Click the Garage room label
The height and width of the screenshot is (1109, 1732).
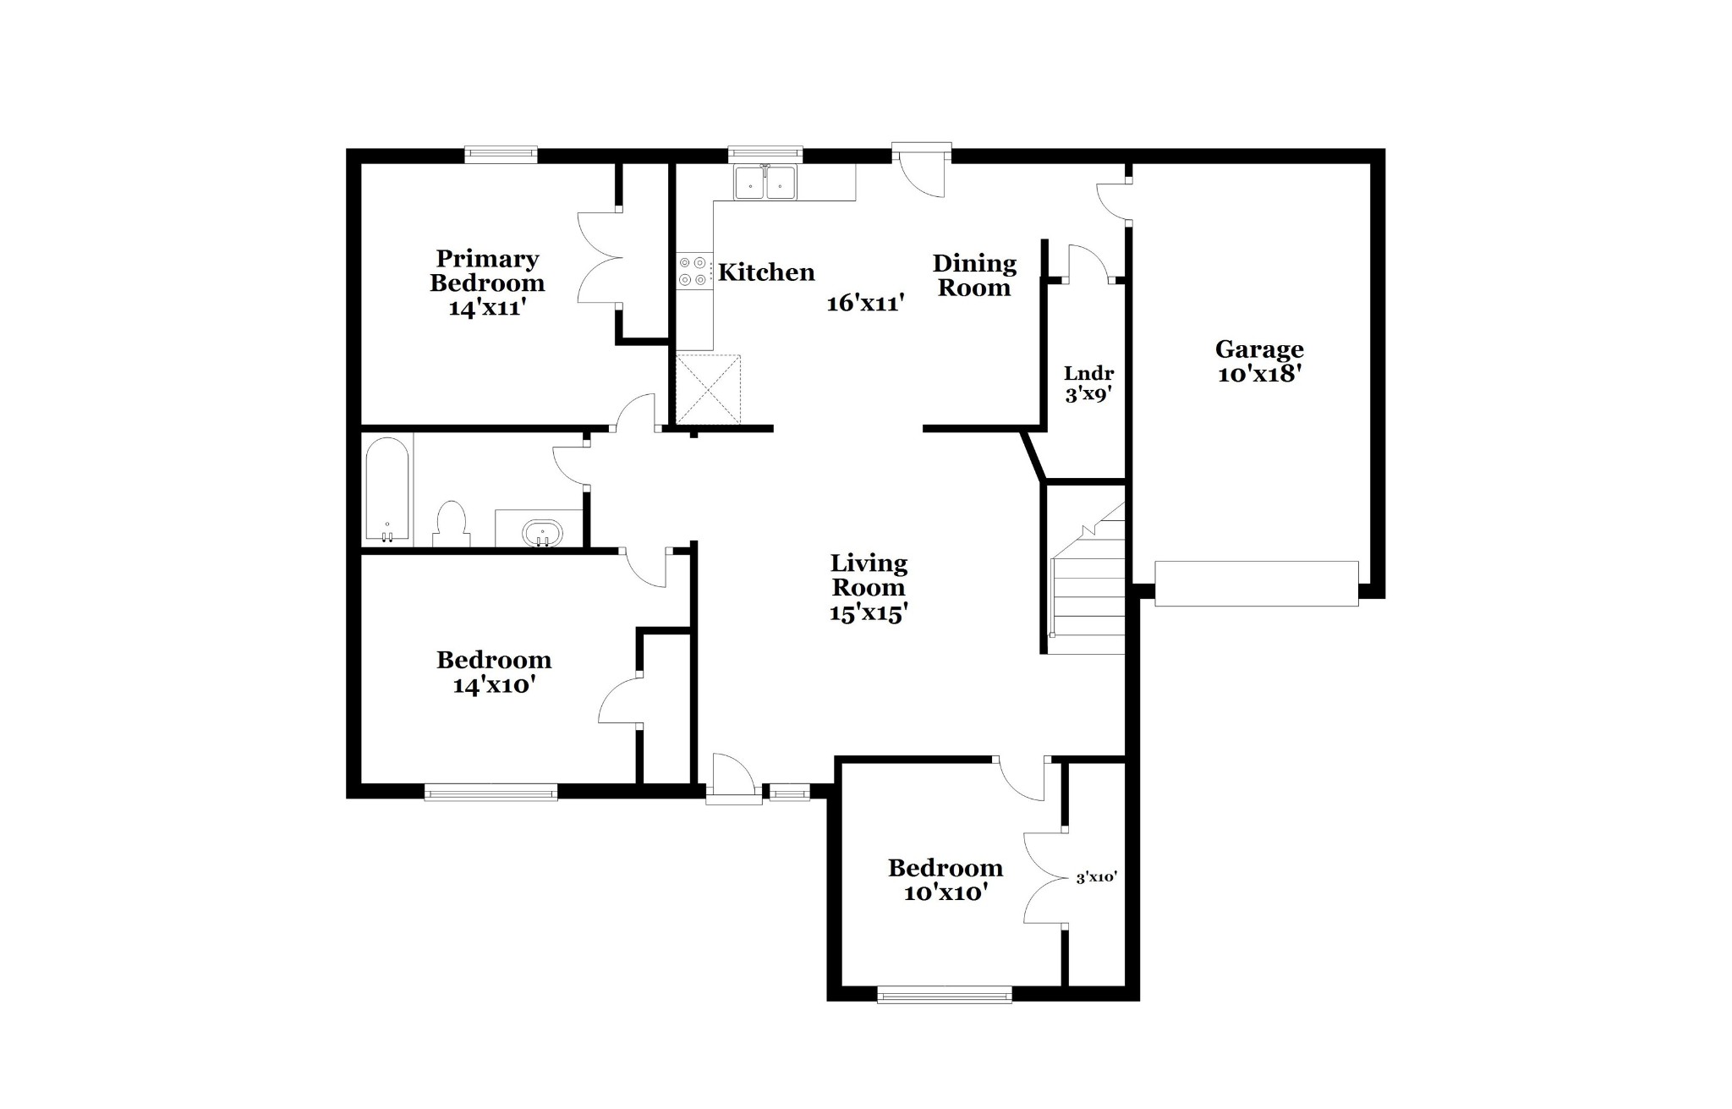point(1259,349)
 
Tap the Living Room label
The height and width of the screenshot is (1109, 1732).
point(869,575)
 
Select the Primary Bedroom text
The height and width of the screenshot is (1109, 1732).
point(487,271)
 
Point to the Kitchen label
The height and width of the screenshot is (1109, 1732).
point(766,272)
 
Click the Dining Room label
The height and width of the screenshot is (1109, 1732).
point(974,276)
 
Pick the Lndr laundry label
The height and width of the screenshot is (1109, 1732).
point(1088,373)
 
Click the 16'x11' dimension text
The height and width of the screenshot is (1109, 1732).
point(866,303)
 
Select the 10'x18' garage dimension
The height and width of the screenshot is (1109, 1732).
point(1258,374)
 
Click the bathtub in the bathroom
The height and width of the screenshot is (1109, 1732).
point(387,490)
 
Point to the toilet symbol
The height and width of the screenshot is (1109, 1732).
point(451,524)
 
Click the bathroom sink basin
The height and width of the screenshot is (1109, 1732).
point(542,534)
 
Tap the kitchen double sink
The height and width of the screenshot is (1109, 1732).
point(765,182)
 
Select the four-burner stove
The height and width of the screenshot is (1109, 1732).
point(693,272)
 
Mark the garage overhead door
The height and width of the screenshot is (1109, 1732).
point(1257,584)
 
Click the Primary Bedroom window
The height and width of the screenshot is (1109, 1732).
point(501,155)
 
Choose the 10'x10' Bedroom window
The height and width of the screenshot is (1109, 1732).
point(945,995)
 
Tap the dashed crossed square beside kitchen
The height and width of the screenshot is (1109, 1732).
point(709,390)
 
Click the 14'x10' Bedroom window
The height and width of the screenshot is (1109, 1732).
point(491,793)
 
